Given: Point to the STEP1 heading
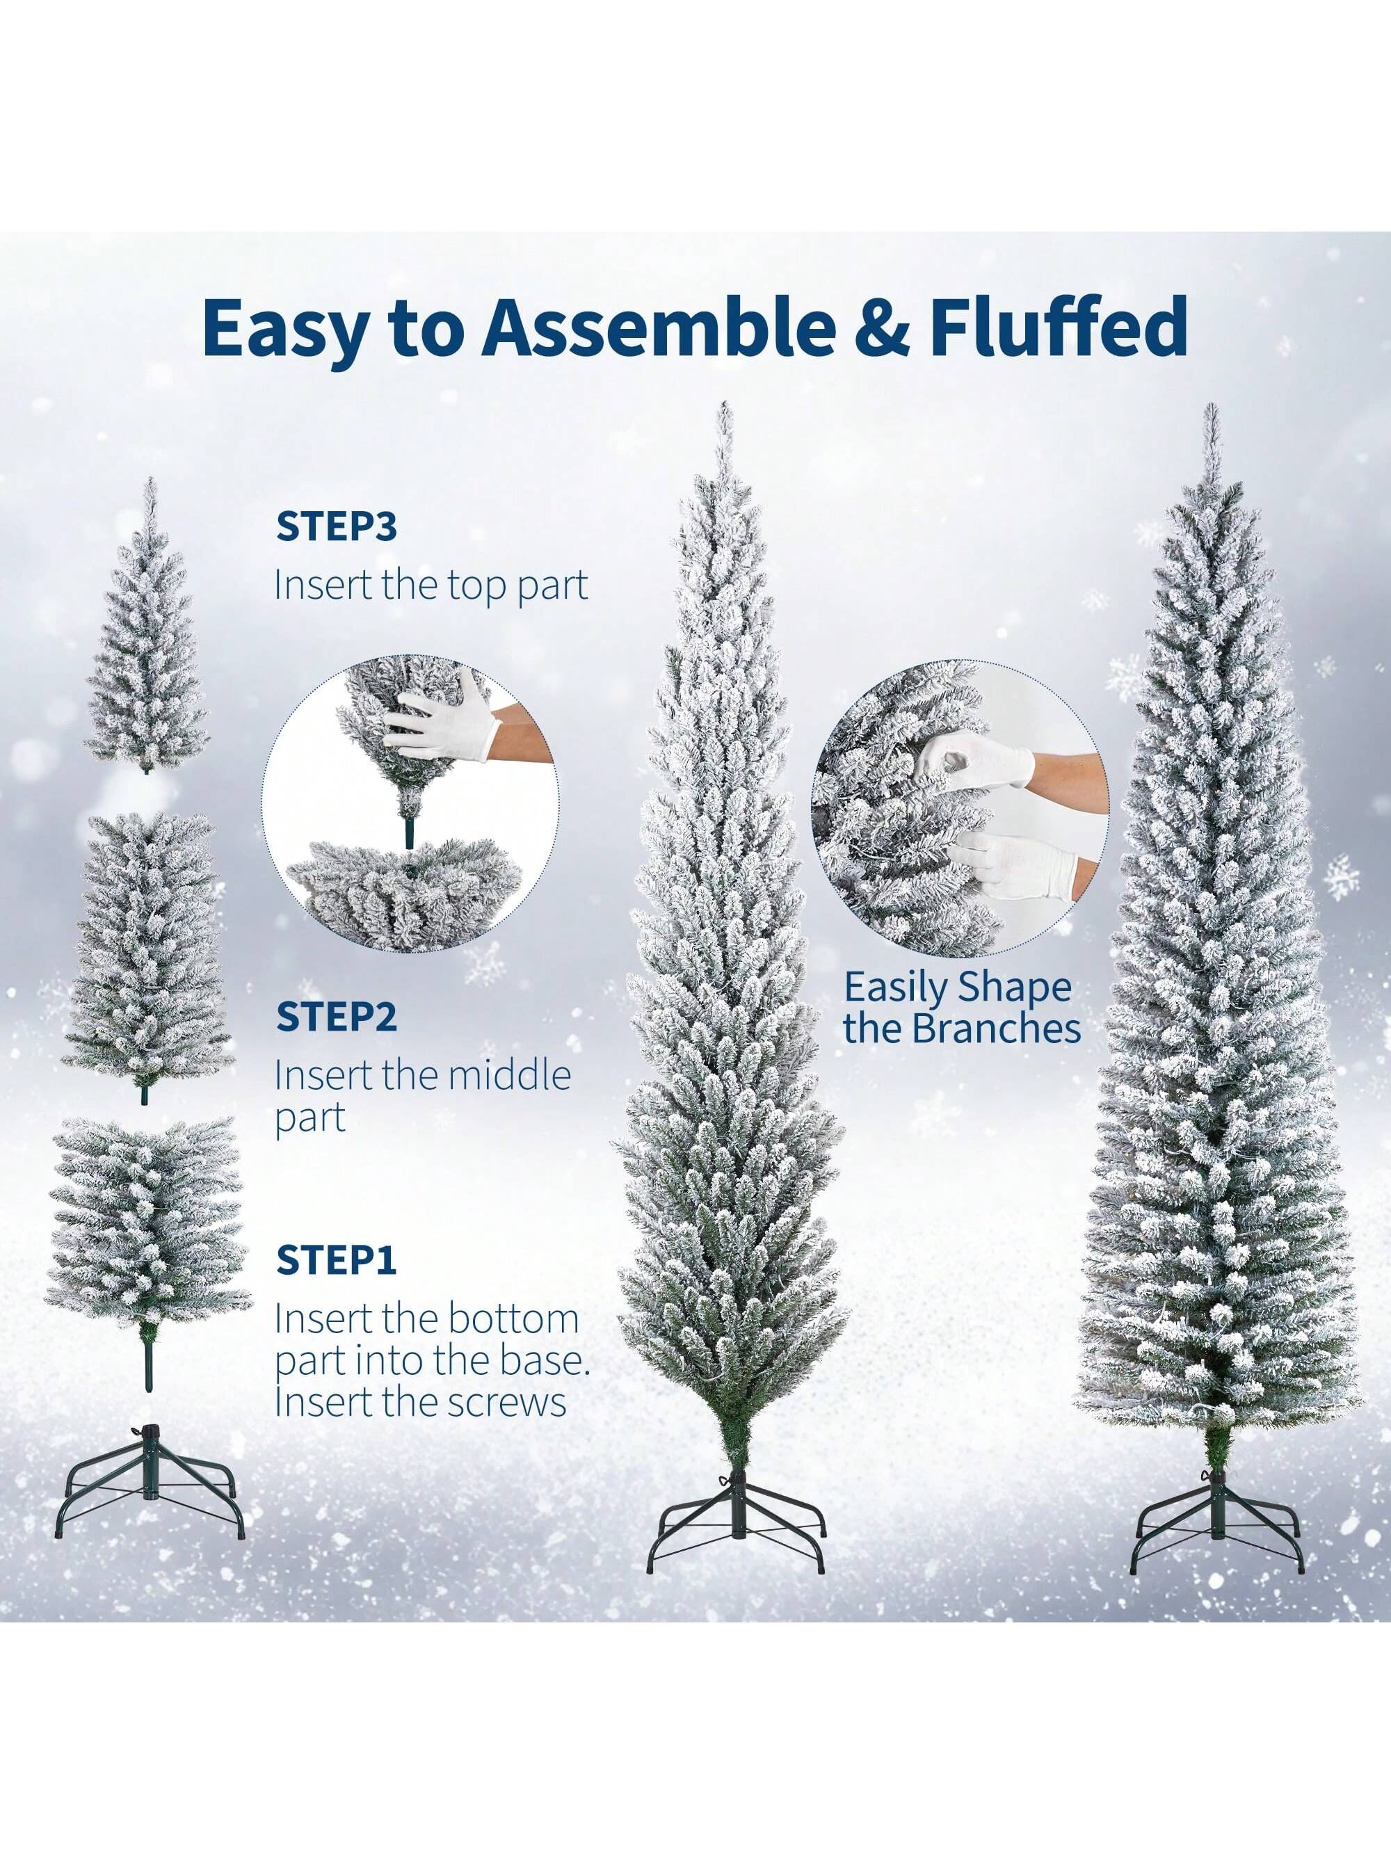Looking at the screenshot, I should [x=336, y=1283].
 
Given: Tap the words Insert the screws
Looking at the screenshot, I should [x=420, y=1402].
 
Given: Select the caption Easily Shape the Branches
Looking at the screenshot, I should [x=961, y=1008].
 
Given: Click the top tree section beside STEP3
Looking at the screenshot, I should [x=147, y=662].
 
